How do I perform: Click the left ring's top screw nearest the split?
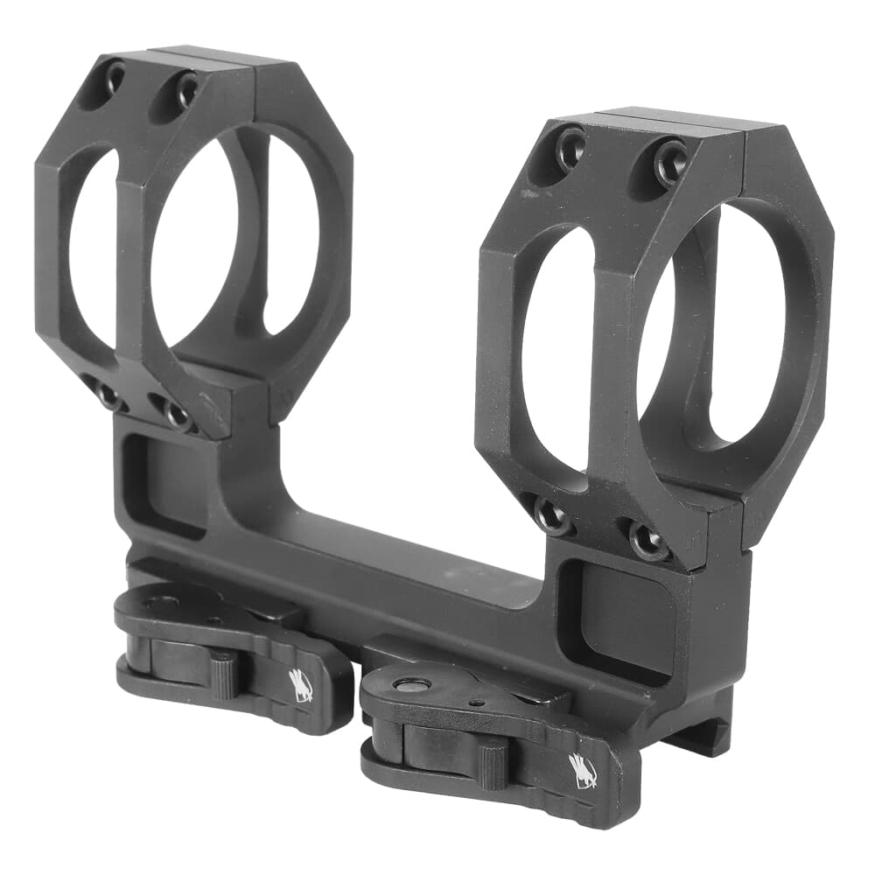click(x=186, y=89)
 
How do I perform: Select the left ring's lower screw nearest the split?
click(x=177, y=414)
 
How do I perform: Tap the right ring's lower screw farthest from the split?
click(x=553, y=516)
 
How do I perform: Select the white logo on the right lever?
click(x=584, y=771)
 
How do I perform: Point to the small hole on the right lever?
click(x=472, y=703)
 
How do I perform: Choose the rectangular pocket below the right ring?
click(x=612, y=612)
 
